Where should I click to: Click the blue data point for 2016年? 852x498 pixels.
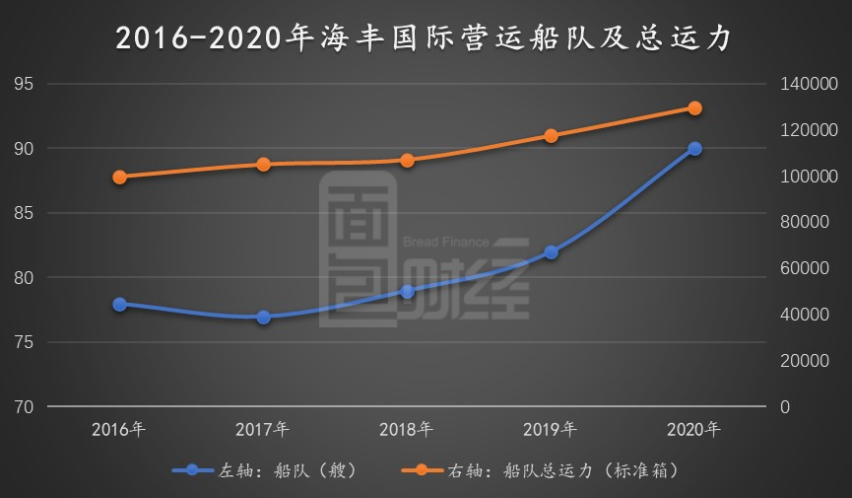click(x=119, y=305)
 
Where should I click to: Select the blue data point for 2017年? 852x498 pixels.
click(x=263, y=318)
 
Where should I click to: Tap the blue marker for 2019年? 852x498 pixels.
click(x=551, y=252)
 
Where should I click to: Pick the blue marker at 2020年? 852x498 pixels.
click(x=694, y=149)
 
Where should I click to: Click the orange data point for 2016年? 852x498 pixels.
click(x=119, y=178)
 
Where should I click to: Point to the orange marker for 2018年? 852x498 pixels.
click(x=407, y=160)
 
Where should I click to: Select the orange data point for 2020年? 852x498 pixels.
click(x=694, y=108)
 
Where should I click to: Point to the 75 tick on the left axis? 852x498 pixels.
click(x=24, y=342)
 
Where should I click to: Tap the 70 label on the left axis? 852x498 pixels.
click(x=24, y=406)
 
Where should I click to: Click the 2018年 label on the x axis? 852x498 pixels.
click(x=407, y=430)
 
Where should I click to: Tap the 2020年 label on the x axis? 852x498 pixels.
click(x=694, y=430)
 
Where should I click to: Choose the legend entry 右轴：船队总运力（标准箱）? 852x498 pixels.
click(x=547, y=470)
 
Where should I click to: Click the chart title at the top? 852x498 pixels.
click(x=425, y=37)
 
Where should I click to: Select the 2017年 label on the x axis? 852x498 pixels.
click(x=263, y=430)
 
